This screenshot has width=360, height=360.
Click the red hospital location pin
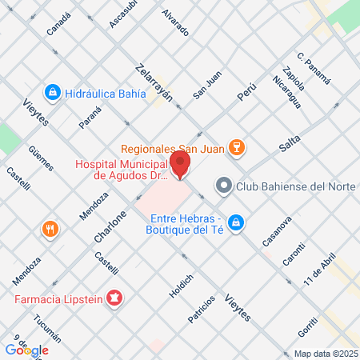[x=180, y=166]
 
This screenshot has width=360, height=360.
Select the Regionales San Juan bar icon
[x=236, y=147]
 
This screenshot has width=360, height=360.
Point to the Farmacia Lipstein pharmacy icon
[x=114, y=299]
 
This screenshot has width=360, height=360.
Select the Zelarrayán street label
[x=154, y=82]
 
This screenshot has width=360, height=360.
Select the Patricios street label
[x=202, y=309]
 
